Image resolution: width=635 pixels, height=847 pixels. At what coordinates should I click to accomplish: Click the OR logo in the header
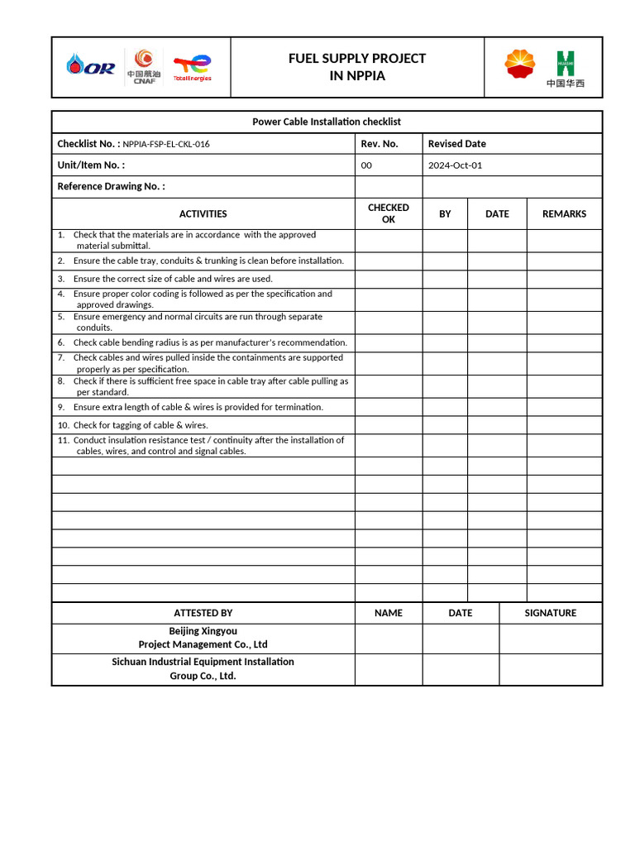[92, 66]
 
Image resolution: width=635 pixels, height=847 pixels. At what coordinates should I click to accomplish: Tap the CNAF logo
[144, 66]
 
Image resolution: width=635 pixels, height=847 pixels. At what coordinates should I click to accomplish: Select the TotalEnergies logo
[192, 67]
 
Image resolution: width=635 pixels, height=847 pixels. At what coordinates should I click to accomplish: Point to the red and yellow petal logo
[520, 65]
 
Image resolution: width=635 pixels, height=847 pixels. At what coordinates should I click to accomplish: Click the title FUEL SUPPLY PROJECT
[357, 58]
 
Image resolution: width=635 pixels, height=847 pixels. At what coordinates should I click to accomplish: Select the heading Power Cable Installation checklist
[327, 122]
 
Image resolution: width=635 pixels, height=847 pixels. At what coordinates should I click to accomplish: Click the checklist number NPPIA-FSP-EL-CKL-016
[166, 144]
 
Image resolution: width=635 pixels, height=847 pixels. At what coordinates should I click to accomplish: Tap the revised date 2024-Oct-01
[455, 165]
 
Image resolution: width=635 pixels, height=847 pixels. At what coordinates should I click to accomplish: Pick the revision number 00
[367, 165]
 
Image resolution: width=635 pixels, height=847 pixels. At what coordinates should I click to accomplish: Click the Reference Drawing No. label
[111, 186]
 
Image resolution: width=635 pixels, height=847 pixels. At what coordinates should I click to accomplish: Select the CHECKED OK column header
[389, 213]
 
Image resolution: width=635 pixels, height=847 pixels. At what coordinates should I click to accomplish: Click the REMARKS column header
[564, 213]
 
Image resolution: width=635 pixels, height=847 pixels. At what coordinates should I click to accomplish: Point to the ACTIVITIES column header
[203, 213]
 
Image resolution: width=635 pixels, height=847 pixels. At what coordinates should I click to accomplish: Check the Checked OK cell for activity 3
[389, 279]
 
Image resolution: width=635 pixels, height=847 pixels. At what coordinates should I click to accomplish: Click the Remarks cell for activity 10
[564, 425]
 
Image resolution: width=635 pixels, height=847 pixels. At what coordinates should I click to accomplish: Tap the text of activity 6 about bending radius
[210, 342]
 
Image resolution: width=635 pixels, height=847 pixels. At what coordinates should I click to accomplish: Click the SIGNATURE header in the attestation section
[551, 613]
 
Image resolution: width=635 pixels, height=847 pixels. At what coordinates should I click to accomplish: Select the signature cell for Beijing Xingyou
[551, 639]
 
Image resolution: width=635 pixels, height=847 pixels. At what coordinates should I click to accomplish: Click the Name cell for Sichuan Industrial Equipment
[389, 669]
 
